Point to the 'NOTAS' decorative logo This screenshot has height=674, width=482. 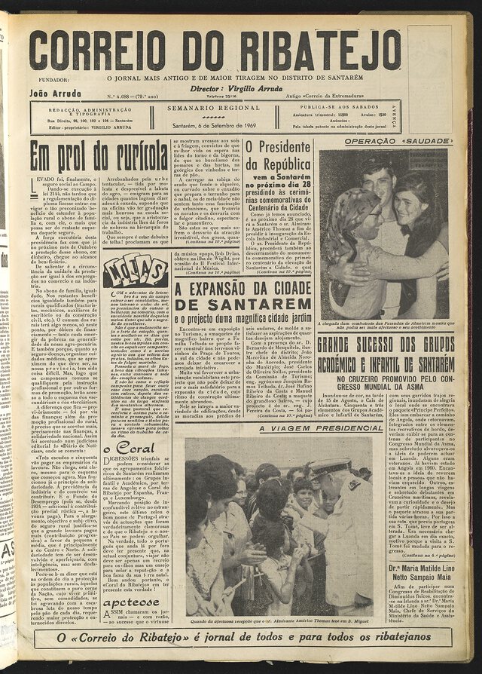(135, 270)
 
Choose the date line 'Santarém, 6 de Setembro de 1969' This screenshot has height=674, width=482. (214, 125)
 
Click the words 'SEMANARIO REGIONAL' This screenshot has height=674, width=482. (214, 109)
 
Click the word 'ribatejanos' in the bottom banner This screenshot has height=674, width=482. (398, 637)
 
